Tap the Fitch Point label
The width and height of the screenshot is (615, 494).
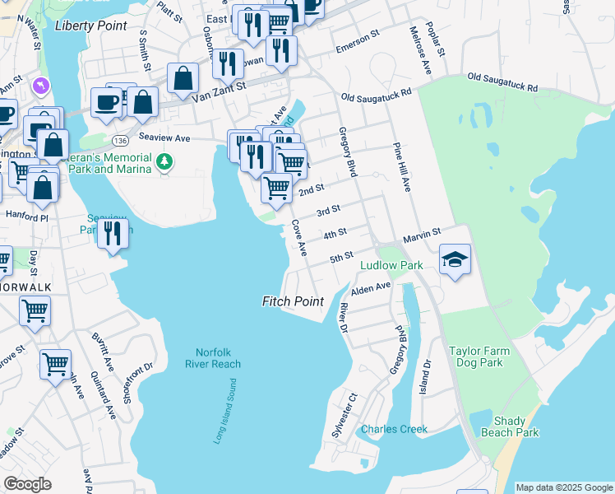[x=293, y=301]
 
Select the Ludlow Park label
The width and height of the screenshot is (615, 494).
[x=391, y=265]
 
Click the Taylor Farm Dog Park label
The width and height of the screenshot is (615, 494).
[x=479, y=357]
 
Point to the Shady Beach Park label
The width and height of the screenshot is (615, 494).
[x=510, y=426]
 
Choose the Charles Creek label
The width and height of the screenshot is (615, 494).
[x=394, y=429]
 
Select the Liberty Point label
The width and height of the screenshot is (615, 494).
[x=91, y=26]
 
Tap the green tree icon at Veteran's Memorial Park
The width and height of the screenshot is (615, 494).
[x=165, y=162]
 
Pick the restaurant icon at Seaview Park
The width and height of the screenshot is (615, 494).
[x=113, y=233]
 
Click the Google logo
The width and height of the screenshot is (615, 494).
[x=27, y=483]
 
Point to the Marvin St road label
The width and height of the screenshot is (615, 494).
[x=422, y=236]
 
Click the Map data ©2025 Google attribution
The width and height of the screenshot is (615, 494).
[x=564, y=487]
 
